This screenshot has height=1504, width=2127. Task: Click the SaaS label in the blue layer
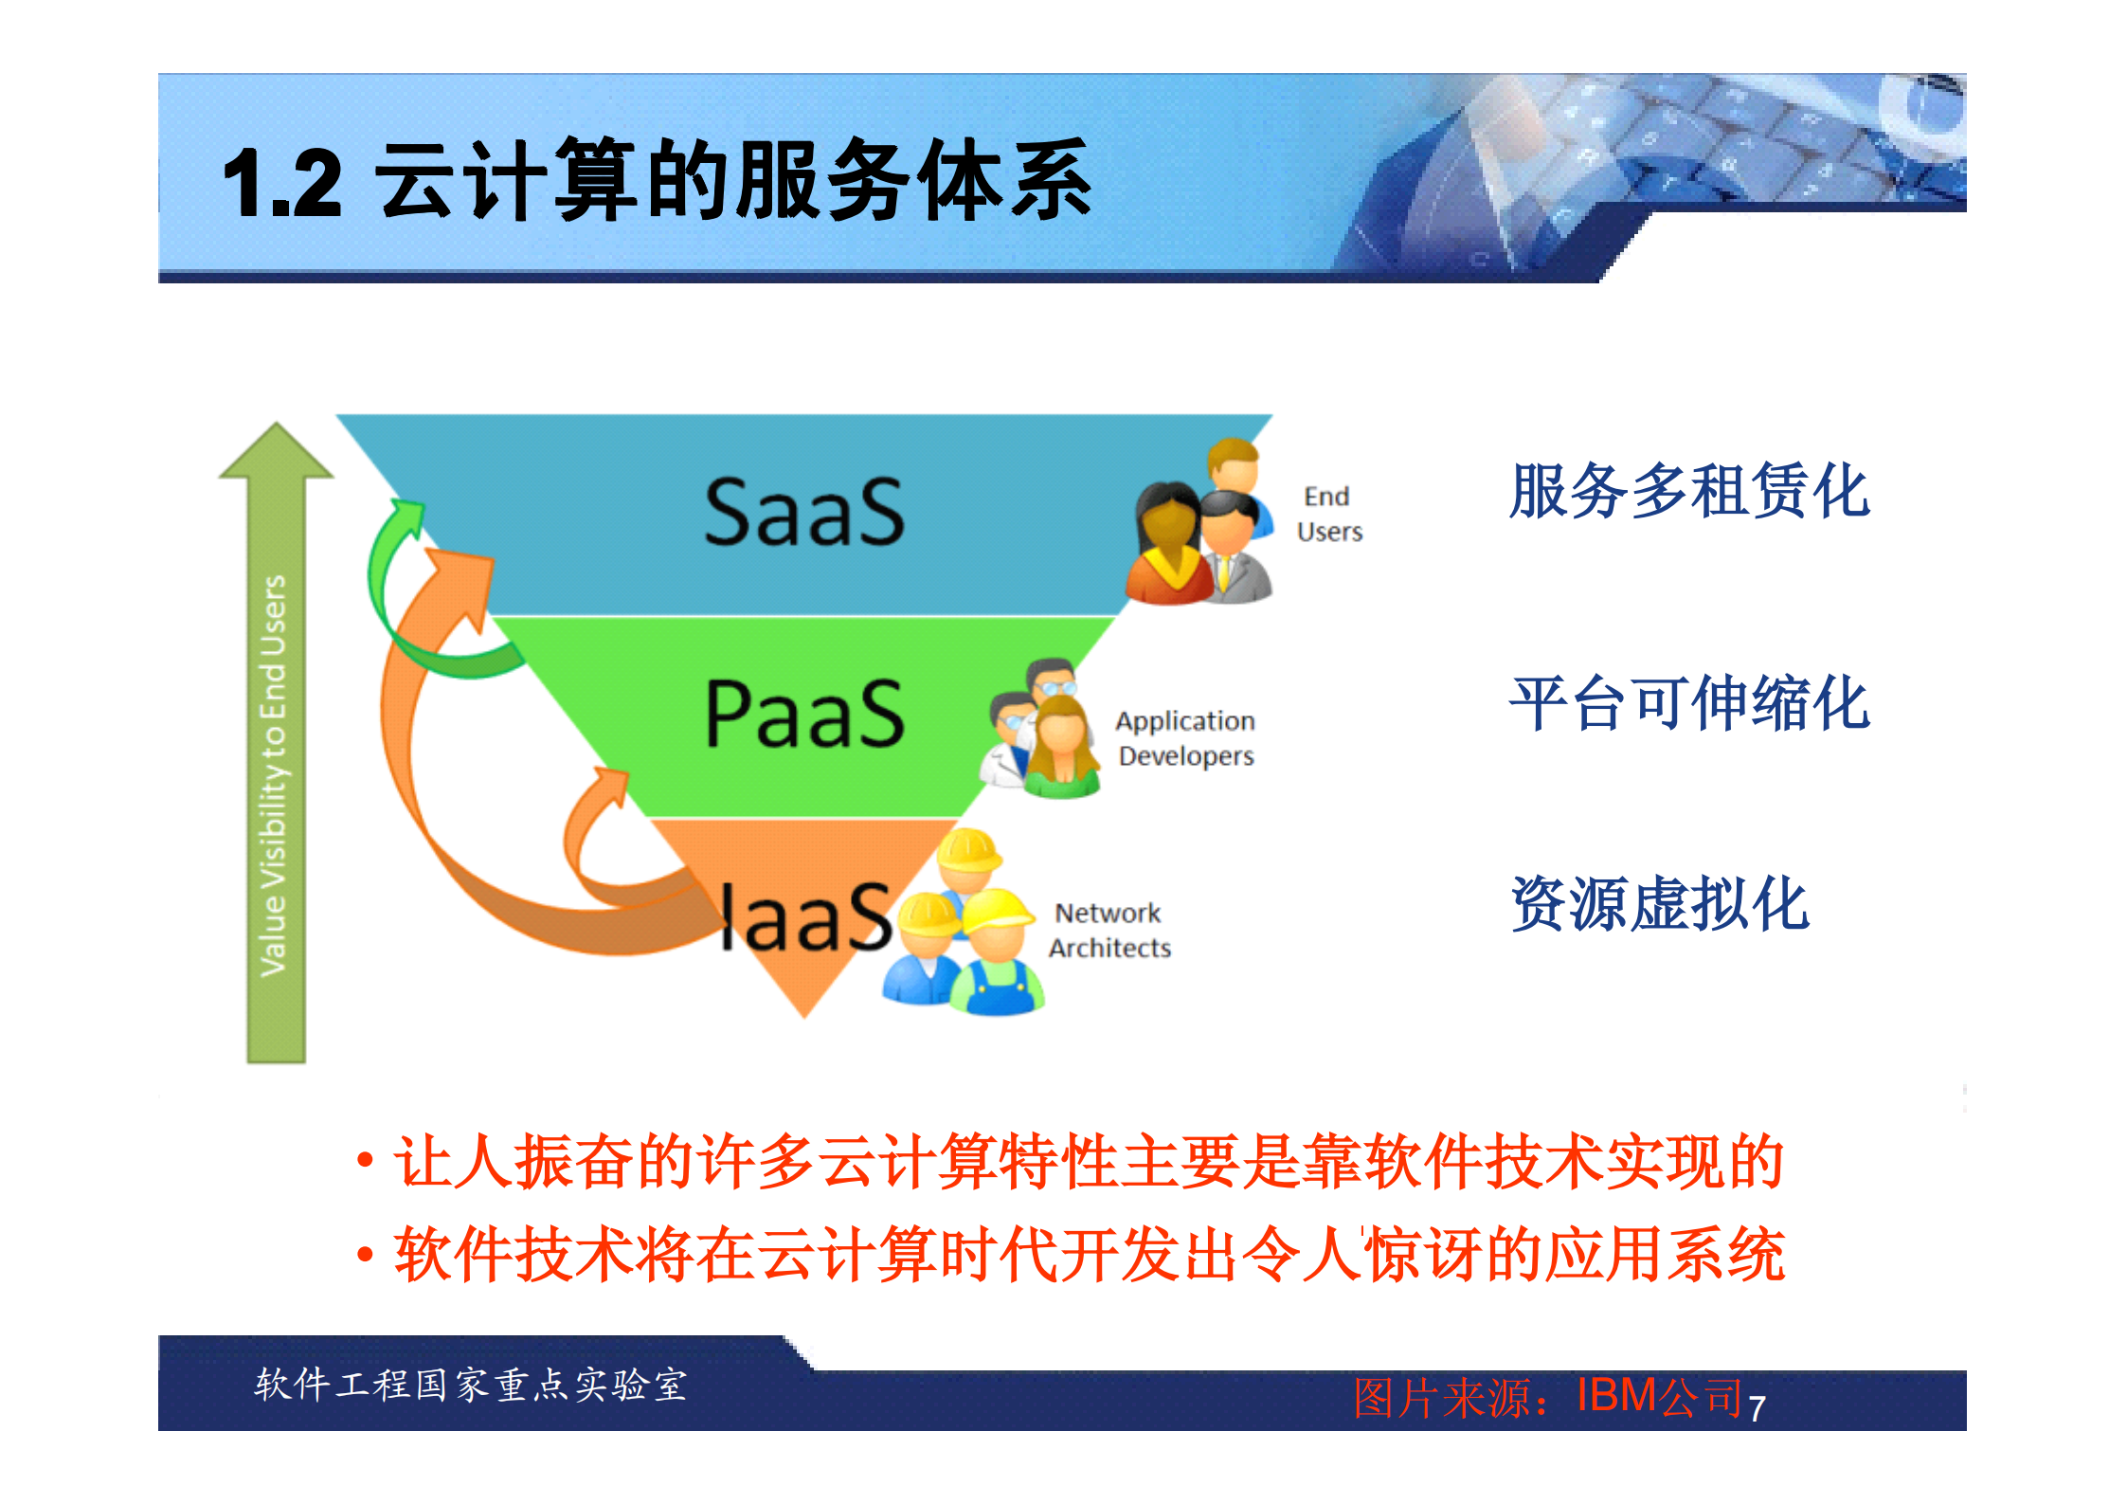803,513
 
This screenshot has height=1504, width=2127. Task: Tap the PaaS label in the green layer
804,714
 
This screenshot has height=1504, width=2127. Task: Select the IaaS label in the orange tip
804,916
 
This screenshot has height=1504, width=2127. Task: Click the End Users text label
1328,514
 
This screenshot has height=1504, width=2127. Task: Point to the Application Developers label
1185,738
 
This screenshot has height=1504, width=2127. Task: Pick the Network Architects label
1109,930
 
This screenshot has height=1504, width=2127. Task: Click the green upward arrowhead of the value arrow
276,452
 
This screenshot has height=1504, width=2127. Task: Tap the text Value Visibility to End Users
274,775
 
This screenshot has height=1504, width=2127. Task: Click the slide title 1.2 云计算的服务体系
657,180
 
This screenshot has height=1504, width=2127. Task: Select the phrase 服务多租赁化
1688,491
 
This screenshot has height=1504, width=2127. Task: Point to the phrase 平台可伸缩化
1688,703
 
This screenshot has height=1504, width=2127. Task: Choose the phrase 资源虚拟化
1659,903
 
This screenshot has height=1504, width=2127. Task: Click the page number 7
1757,1408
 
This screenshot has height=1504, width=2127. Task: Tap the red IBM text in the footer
1616,1395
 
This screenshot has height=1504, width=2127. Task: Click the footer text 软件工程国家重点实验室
470,1385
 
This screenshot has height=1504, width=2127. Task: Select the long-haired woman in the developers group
1062,749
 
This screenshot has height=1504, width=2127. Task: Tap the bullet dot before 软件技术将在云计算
365,1256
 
